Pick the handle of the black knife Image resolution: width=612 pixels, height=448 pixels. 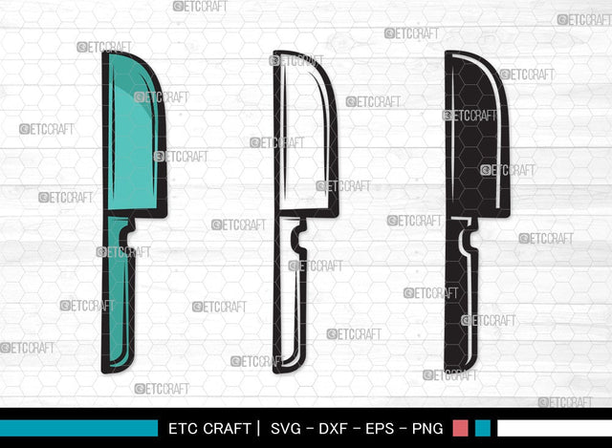(462, 306)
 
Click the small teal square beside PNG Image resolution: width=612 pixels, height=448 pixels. (483, 428)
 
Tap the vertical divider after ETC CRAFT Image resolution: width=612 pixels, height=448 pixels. (256, 428)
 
